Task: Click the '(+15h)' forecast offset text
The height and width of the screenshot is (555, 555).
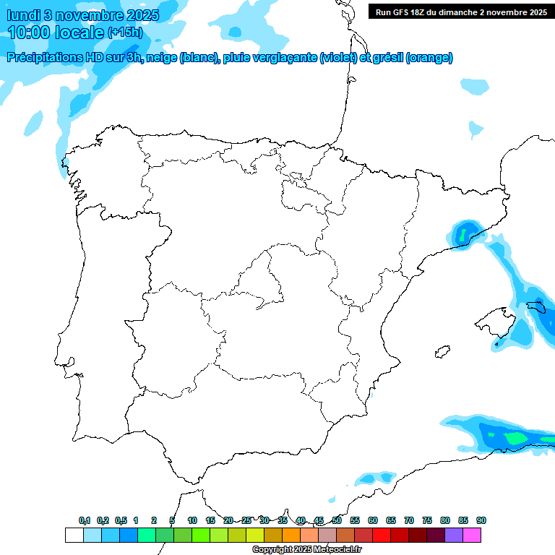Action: (125, 33)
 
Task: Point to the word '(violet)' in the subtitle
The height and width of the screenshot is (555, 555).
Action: (338, 58)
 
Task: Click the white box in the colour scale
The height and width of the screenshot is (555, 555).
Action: (74, 535)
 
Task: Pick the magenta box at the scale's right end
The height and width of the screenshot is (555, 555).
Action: (472, 535)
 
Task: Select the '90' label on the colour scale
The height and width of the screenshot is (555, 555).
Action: (481, 520)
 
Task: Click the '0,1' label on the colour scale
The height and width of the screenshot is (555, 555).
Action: (85, 520)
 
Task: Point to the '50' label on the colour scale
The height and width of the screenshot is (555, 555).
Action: (337, 520)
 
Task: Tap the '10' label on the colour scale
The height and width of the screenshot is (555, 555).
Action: (192, 520)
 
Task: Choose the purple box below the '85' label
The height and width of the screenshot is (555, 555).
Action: (454, 535)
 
